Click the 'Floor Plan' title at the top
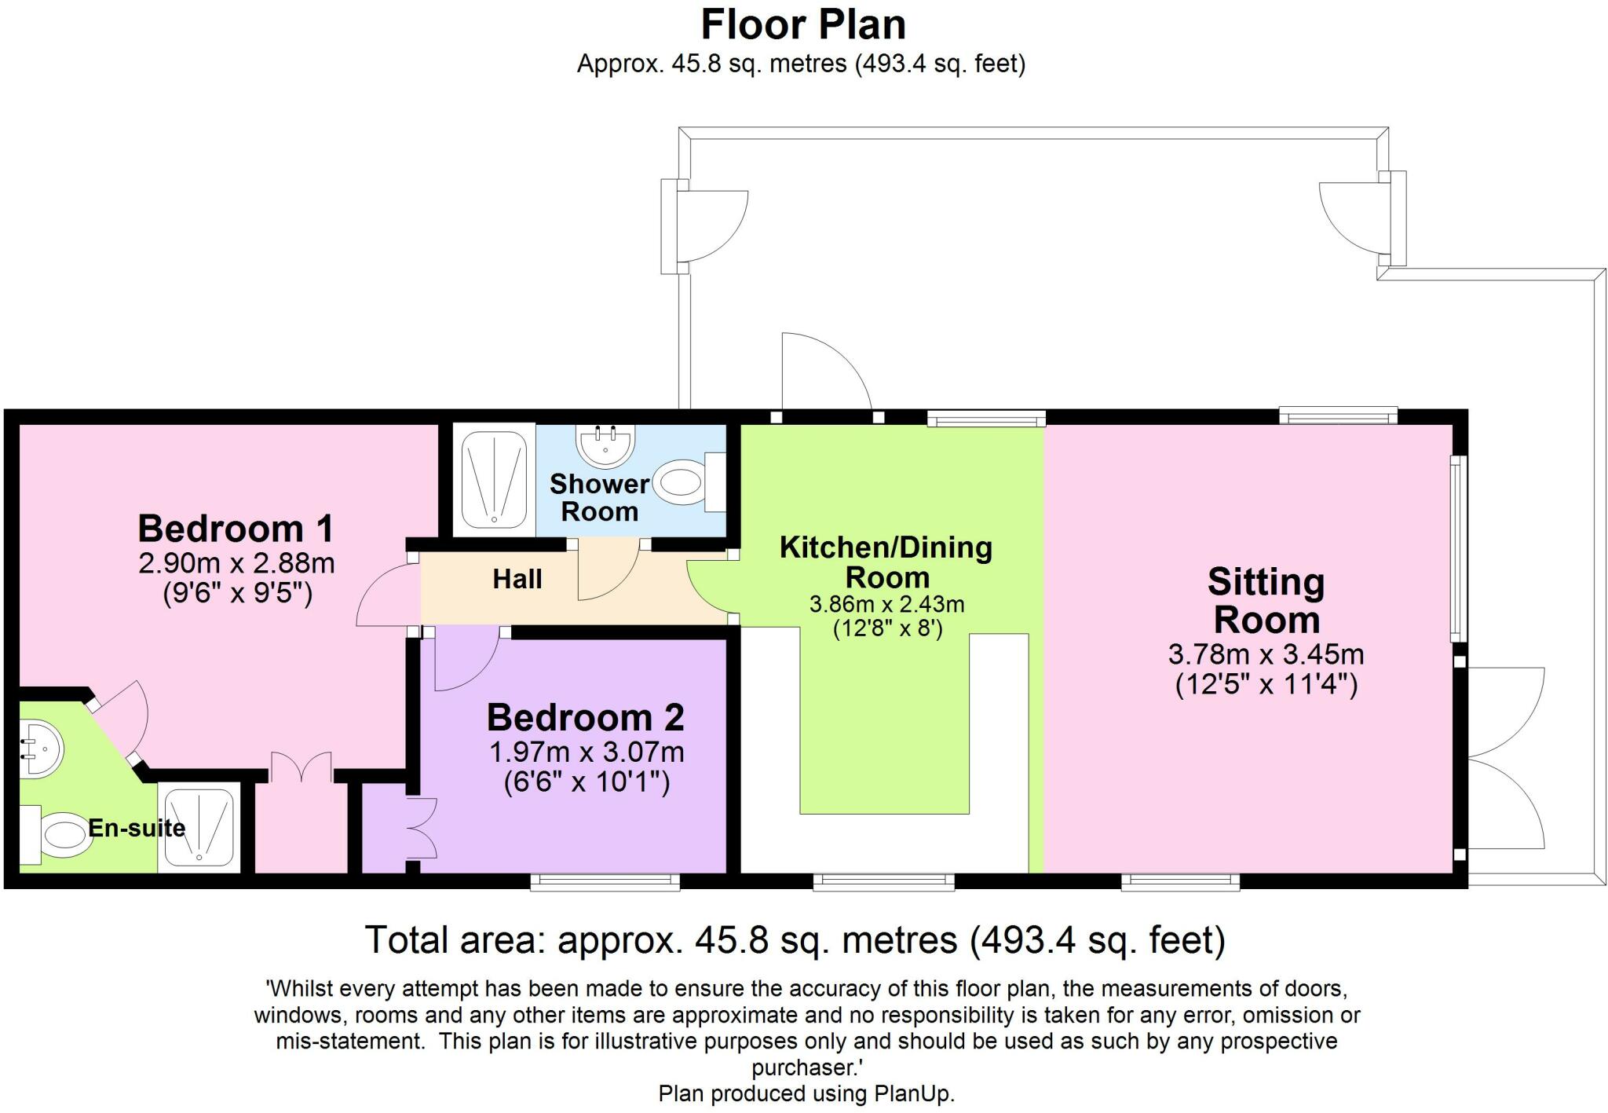(x=802, y=24)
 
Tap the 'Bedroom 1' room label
(x=236, y=529)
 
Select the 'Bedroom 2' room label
(x=585, y=717)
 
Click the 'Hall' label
(x=517, y=580)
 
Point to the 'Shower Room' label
(x=599, y=497)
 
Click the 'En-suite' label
(x=137, y=828)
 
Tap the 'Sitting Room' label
(x=1266, y=601)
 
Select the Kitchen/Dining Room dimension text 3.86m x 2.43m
(x=886, y=605)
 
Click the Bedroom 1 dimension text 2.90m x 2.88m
(x=236, y=563)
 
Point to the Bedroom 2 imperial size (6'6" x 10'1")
(x=587, y=782)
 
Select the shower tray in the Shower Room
(x=494, y=479)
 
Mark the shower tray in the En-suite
(x=199, y=827)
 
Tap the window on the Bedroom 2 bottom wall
(x=605, y=881)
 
